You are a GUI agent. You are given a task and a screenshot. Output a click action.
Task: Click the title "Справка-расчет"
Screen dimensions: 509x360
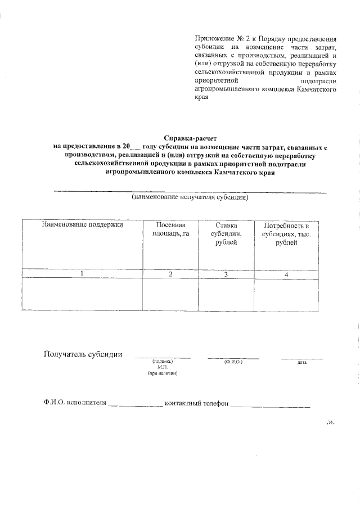(190, 137)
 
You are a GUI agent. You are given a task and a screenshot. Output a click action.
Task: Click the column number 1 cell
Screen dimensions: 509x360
(82, 274)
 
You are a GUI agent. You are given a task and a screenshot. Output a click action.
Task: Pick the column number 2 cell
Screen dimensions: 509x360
(170, 274)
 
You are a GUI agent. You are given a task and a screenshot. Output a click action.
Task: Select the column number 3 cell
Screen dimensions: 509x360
(226, 274)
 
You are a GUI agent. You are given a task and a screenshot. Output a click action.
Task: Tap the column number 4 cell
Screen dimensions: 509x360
(287, 274)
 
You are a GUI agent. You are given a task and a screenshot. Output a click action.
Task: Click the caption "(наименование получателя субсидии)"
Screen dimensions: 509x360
(190, 198)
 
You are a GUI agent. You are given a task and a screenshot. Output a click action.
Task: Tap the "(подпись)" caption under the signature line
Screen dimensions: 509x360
(163, 362)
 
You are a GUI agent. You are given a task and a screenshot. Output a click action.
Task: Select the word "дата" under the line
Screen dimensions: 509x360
(301, 362)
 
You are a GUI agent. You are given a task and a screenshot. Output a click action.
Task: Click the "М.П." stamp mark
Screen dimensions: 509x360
(163, 367)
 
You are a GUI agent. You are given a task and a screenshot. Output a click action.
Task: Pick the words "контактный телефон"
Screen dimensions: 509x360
(196, 403)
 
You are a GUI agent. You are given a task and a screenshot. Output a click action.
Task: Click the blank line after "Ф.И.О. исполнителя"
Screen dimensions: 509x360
(135, 404)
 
